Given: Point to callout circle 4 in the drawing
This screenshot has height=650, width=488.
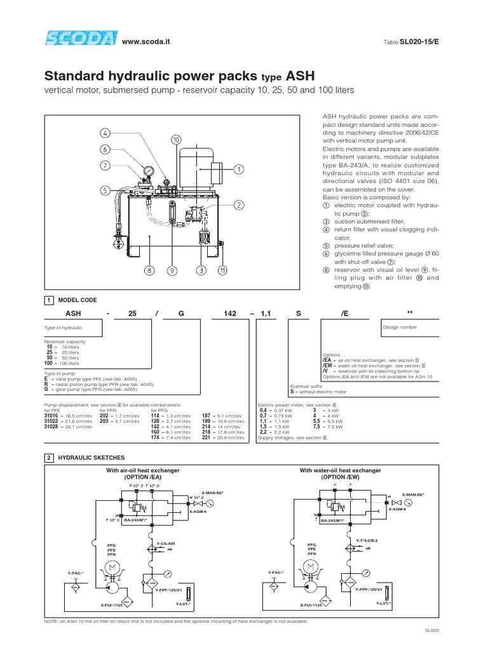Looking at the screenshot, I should [x=105, y=134].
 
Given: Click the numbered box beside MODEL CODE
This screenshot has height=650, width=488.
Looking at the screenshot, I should [x=49, y=300].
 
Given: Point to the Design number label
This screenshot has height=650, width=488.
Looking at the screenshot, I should [x=398, y=328].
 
